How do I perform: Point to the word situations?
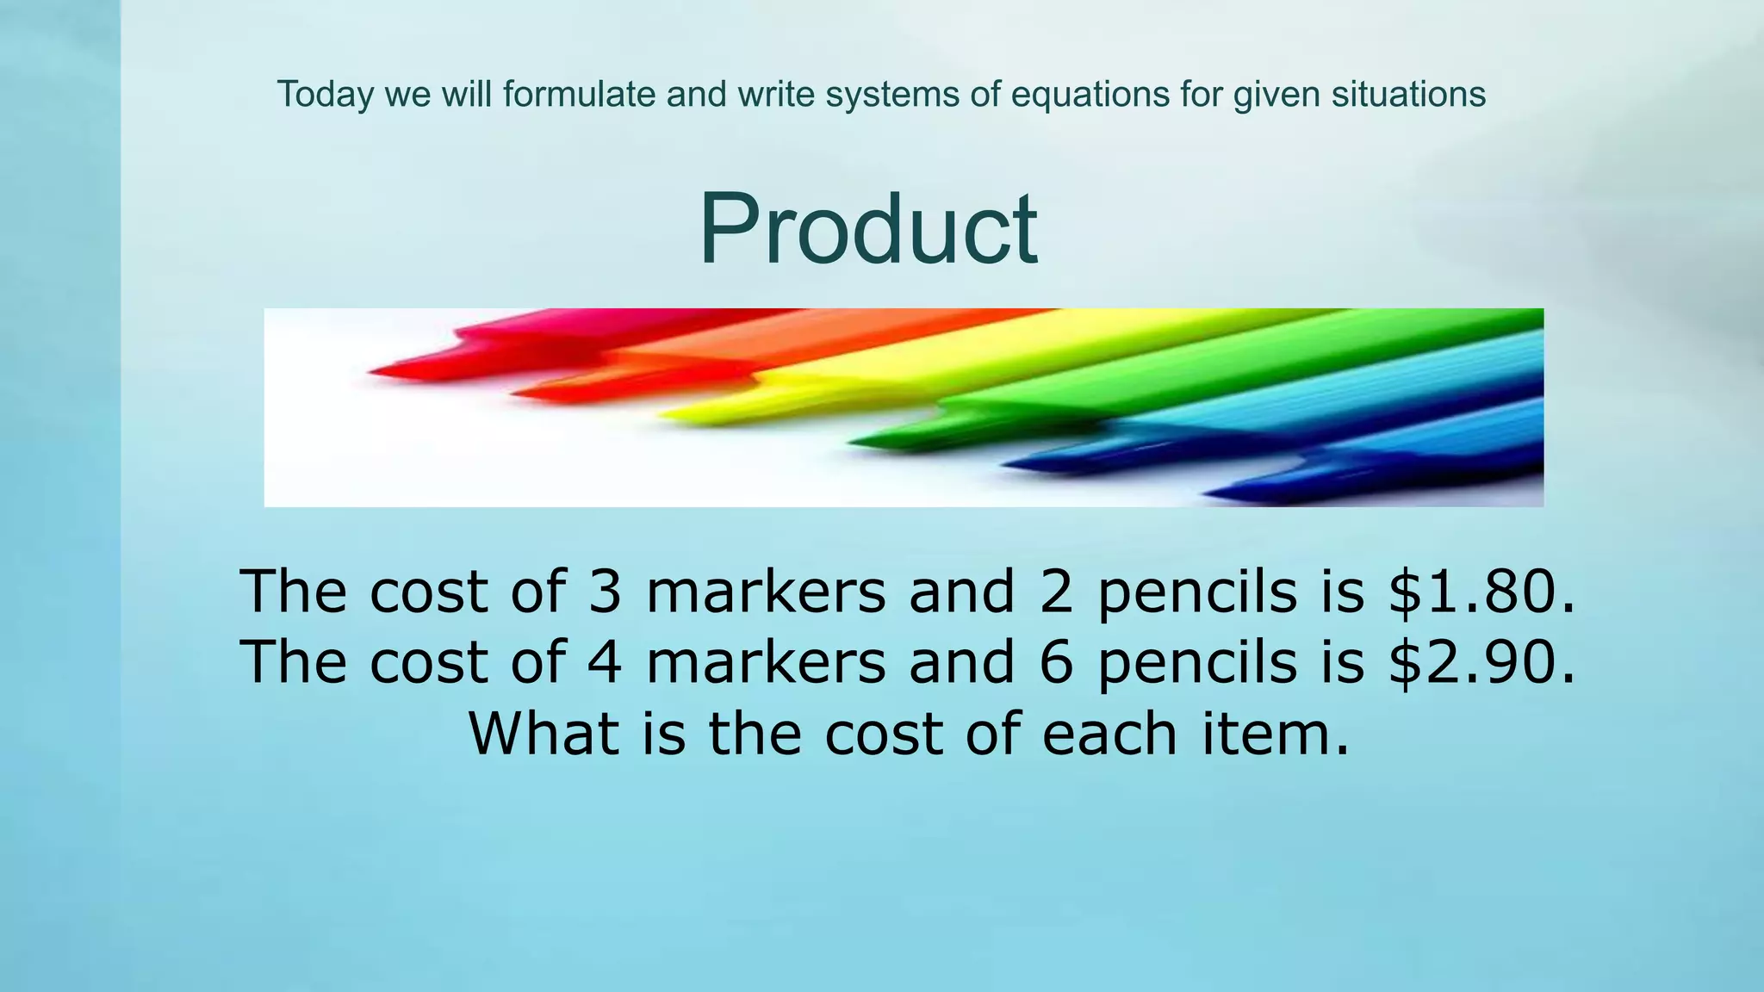[x=1408, y=94]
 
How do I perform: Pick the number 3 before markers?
[x=605, y=592]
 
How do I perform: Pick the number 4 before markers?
[x=605, y=663]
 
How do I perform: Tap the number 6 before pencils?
[x=1056, y=663]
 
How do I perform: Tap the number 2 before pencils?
[x=1056, y=592]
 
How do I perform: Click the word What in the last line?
[x=543, y=734]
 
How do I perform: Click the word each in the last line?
[x=1109, y=734]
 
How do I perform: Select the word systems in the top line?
[x=891, y=95]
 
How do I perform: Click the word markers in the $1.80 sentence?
[x=766, y=592]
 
